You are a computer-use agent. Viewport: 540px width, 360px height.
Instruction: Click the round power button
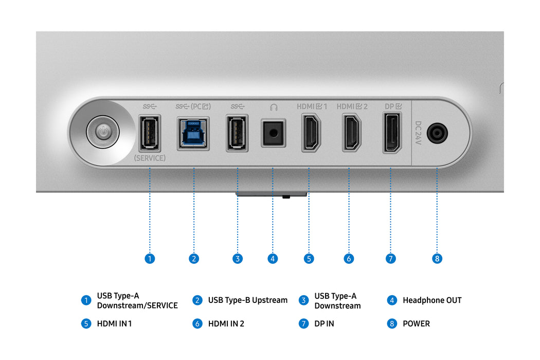click(x=103, y=132)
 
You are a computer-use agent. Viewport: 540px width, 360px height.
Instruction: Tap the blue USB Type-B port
click(x=193, y=133)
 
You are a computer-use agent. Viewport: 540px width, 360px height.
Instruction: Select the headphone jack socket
click(x=273, y=134)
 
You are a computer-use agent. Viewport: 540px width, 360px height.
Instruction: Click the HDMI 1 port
click(x=311, y=134)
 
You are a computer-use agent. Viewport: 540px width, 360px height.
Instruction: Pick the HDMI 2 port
click(x=352, y=134)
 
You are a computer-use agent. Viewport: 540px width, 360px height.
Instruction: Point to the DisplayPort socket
click(x=392, y=133)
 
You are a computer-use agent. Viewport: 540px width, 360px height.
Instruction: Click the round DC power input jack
click(x=437, y=133)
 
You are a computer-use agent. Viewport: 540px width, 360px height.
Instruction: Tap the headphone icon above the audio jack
click(x=274, y=107)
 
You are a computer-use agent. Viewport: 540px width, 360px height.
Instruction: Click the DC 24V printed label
click(x=418, y=133)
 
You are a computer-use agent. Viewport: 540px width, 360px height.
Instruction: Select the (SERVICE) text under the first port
click(x=150, y=158)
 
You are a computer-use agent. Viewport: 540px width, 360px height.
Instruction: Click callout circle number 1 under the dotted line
click(x=150, y=259)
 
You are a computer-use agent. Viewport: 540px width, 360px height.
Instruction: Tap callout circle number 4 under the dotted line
click(x=273, y=259)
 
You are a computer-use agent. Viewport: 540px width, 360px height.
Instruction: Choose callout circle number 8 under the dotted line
click(x=437, y=259)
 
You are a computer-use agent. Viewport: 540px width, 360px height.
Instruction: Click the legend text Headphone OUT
click(x=432, y=300)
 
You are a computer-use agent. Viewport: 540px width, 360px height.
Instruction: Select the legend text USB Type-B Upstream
click(x=247, y=300)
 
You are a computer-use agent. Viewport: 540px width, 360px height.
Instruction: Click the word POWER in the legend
click(x=416, y=324)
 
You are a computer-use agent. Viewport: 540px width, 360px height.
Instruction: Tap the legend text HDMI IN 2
click(x=226, y=324)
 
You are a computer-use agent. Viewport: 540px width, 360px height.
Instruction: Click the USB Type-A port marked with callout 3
click(x=237, y=133)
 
